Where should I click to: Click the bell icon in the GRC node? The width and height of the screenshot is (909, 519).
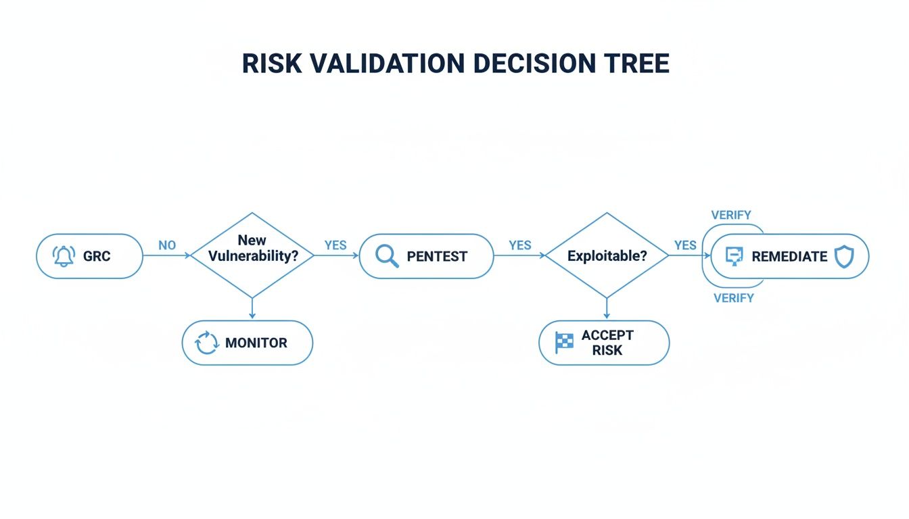click(x=64, y=257)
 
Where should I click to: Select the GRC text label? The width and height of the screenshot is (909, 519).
click(x=97, y=257)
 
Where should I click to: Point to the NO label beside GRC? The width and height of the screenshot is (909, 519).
click(x=167, y=245)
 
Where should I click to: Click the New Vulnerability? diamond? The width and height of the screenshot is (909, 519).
click(x=252, y=255)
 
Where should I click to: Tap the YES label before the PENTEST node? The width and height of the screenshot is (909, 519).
click(x=335, y=245)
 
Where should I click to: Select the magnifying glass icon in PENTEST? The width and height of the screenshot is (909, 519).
click(x=387, y=257)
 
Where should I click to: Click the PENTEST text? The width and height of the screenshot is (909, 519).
click(x=437, y=257)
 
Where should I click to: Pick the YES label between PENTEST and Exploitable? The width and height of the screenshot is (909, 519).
click(x=519, y=245)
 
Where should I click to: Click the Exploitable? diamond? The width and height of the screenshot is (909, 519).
click(x=607, y=256)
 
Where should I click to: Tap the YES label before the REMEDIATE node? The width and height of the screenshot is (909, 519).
click(x=685, y=245)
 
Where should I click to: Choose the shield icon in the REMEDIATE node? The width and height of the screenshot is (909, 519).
click(x=843, y=256)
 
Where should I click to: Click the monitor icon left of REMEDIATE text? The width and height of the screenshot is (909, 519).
click(x=734, y=256)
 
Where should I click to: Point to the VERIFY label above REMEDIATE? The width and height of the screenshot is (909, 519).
click(x=731, y=215)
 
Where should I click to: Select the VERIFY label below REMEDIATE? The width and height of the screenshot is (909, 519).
click(x=734, y=298)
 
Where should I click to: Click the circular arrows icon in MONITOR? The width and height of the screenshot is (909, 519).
click(x=207, y=343)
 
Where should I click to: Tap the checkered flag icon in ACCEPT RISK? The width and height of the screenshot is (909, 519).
click(x=564, y=343)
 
